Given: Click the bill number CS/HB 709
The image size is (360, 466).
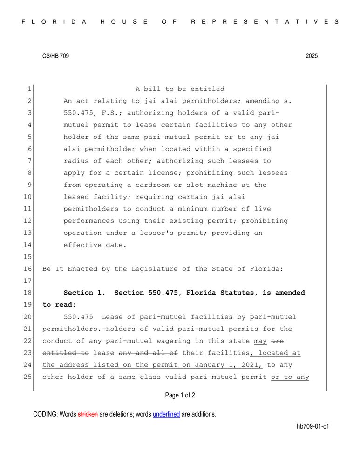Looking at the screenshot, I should click(55, 56).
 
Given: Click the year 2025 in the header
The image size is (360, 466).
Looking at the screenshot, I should click(312, 56).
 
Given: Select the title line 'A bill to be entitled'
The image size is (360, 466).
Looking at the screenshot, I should click(180, 89).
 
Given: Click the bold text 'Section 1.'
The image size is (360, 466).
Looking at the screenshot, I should click(85, 293).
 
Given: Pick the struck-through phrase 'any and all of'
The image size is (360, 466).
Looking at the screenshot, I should click(148, 353).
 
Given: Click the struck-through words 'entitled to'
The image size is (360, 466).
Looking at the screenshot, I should click(65, 353).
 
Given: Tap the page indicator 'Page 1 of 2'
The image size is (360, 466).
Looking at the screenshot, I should click(180, 396).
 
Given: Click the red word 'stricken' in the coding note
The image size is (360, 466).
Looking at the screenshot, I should click(88, 414).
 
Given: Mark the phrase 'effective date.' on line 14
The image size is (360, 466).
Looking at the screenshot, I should click(95, 245).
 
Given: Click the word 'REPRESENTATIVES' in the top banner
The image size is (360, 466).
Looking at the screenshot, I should click(265, 21).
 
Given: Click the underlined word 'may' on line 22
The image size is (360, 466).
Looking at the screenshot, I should click(260, 341).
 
